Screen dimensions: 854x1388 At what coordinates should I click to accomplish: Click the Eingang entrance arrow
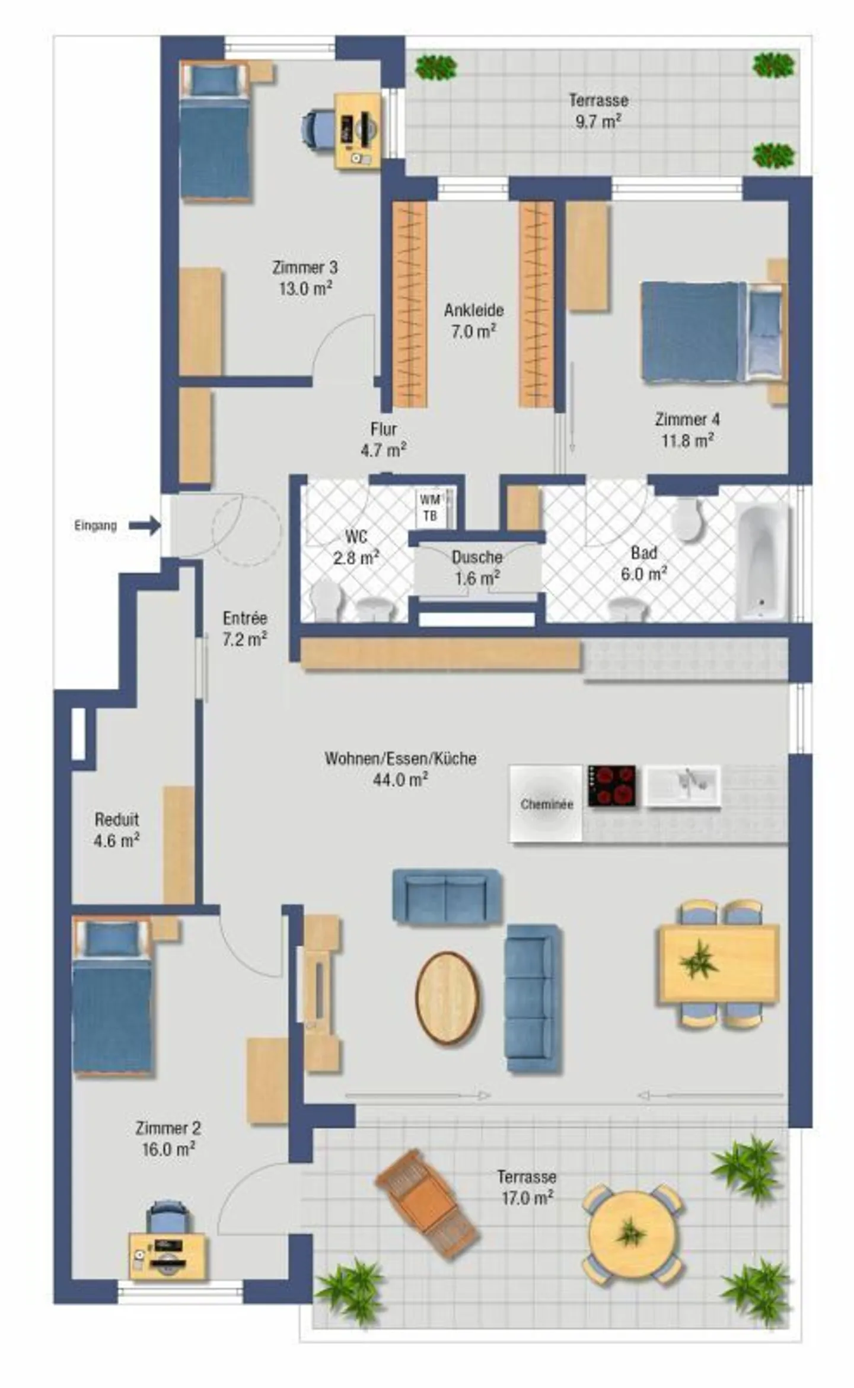tap(145, 525)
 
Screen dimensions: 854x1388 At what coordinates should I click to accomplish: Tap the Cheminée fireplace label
tap(547, 804)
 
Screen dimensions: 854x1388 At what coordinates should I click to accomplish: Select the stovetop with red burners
tap(611, 786)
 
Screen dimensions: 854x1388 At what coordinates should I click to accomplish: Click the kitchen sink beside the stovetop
tap(683, 786)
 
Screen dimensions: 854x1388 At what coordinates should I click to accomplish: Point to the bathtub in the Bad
tap(762, 561)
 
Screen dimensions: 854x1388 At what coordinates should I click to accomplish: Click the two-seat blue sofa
tap(447, 896)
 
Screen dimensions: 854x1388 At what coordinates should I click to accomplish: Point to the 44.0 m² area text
tap(400, 780)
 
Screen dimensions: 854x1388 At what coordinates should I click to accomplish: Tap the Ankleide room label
tap(474, 310)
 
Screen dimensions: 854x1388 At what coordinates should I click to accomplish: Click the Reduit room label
tap(117, 819)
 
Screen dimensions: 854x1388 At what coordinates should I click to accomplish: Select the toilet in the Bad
tap(687, 519)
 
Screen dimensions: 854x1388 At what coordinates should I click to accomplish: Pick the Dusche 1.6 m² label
tap(477, 567)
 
